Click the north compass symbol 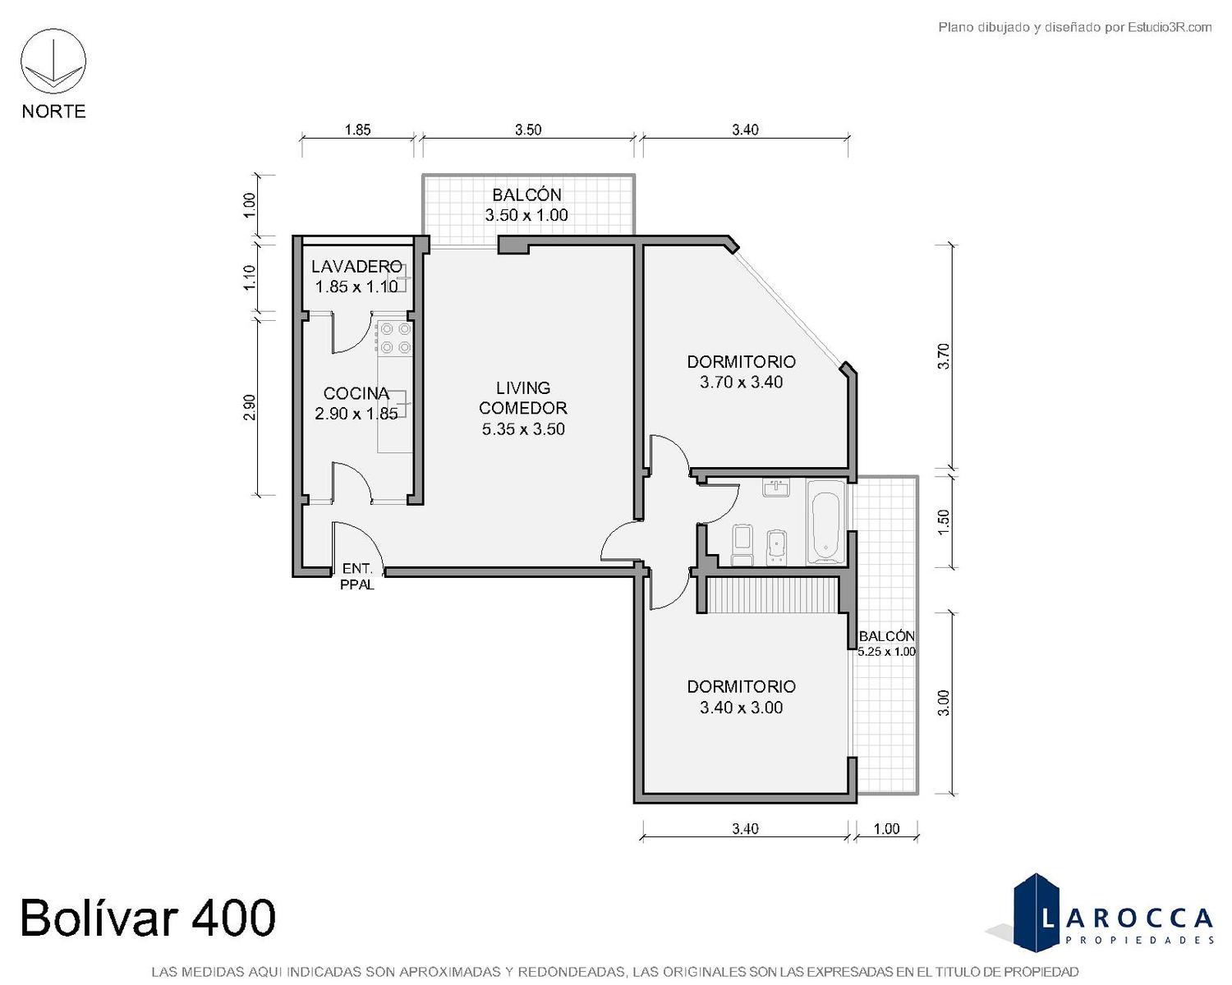[x=53, y=62]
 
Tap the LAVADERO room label [x=356, y=266]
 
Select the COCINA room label [x=356, y=393]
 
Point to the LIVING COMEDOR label [x=522, y=398]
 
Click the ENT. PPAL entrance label [x=357, y=576]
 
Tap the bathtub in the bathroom [x=825, y=522]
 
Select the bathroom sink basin [x=777, y=488]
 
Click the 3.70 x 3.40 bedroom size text [x=741, y=383]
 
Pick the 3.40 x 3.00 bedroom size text [x=741, y=708]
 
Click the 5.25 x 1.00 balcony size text [x=886, y=651]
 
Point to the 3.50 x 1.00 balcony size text [x=526, y=215]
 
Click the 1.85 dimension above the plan [x=357, y=130]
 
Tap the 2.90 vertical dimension [x=250, y=407]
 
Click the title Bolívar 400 [x=148, y=918]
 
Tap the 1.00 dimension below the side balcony [x=886, y=828]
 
